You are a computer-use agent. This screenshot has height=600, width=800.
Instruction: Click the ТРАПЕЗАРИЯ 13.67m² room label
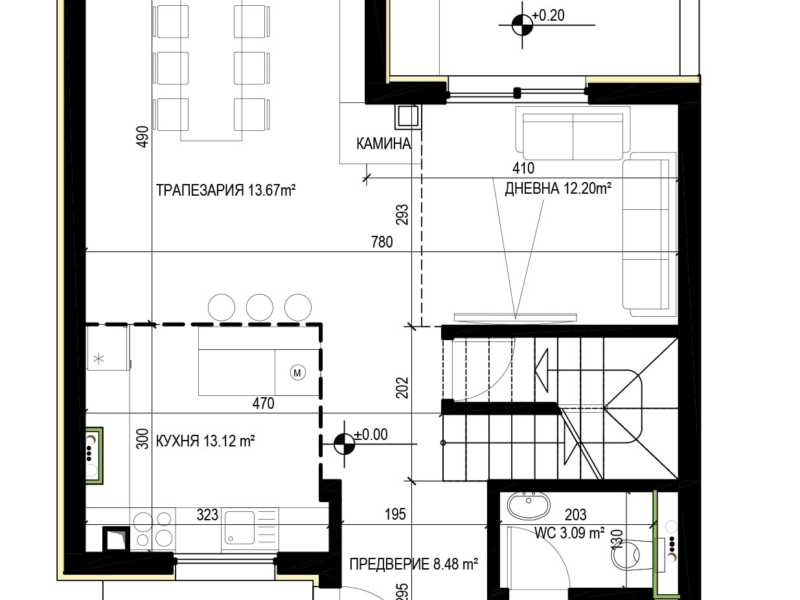(225, 190)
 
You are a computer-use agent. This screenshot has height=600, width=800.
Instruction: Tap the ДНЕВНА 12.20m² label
(558, 189)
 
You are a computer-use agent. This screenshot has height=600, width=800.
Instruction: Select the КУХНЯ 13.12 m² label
(205, 441)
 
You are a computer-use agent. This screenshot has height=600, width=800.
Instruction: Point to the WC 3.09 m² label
(569, 533)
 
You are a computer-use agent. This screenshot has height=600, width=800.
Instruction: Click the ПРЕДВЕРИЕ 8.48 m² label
(414, 564)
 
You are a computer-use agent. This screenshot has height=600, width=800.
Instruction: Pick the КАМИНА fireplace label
(383, 144)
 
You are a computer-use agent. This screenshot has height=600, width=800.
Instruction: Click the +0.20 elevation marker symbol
(522, 25)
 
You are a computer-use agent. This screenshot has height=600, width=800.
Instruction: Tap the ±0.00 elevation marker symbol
(345, 444)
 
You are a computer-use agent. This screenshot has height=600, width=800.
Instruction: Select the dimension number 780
(382, 242)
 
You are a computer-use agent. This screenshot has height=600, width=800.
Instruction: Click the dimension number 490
(143, 137)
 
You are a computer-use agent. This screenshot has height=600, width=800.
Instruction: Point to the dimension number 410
(523, 168)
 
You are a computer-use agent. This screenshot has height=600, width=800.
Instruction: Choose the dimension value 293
(402, 214)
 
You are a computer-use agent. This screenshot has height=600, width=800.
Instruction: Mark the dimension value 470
(263, 404)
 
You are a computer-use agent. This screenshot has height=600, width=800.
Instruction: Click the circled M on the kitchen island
(297, 373)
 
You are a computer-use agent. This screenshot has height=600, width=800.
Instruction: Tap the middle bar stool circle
(260, 307)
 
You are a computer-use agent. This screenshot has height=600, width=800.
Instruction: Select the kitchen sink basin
(240, 527)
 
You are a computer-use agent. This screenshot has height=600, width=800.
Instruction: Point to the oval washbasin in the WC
(529, 505)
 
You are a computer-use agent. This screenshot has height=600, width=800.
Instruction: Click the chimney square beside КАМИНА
(408, 117)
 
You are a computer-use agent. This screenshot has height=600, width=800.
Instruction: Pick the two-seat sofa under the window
(573, 133)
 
